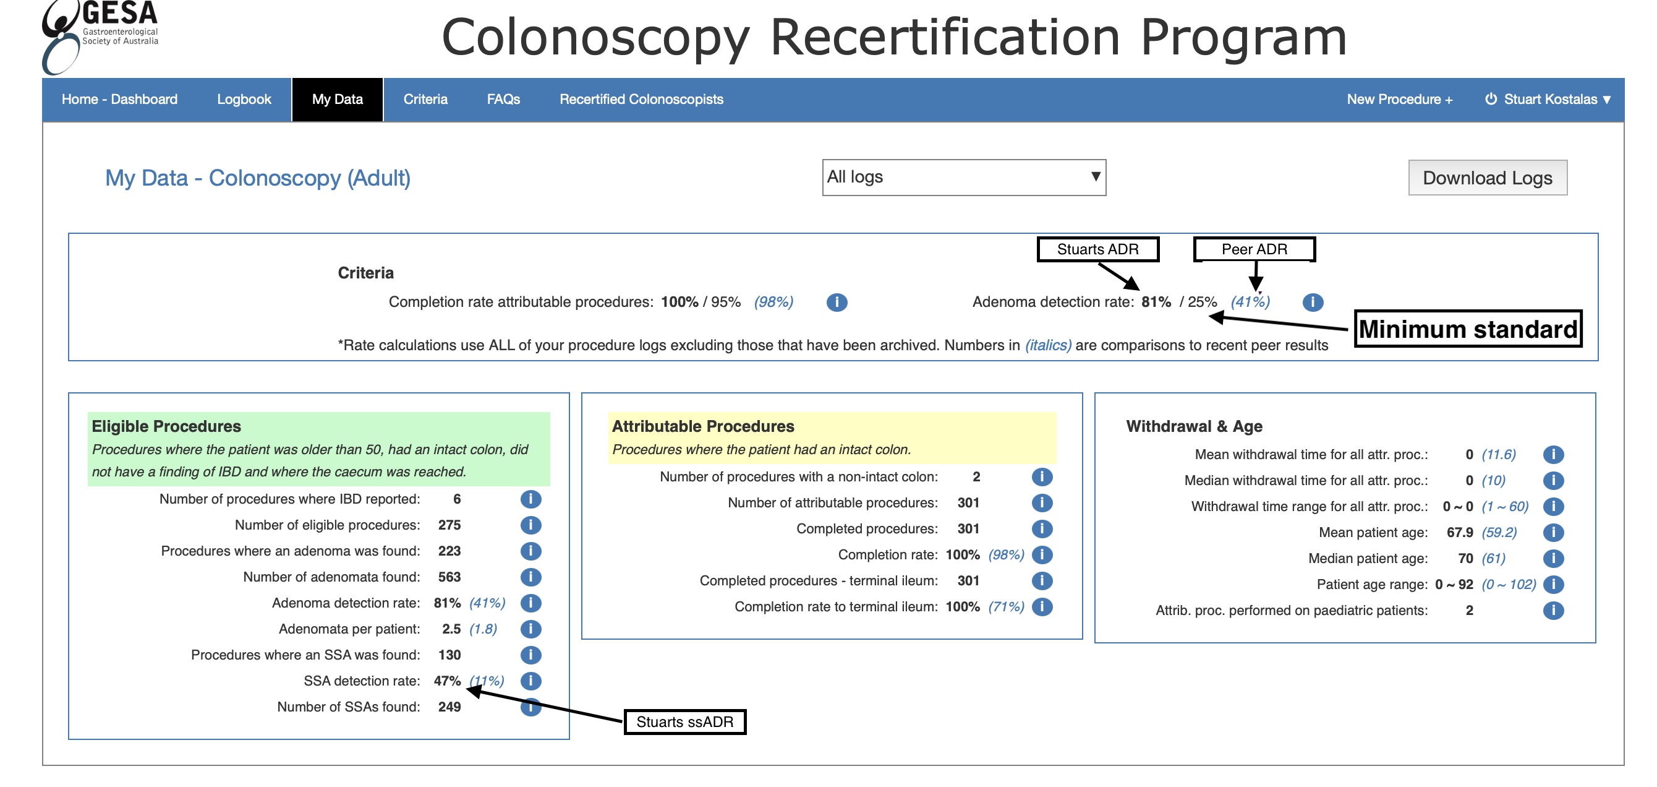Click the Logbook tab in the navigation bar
click(244, 99)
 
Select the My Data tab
click(337, 99)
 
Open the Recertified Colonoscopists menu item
click(641, 99)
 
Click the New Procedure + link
click(1399, 99)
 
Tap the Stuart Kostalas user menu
click(1548, 99)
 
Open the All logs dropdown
click(963, 177)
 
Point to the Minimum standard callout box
click(1468, 329)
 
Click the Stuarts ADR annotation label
click(1097, 249)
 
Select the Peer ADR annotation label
click(1254, 249)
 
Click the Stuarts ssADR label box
click(684, 721)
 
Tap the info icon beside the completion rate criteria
click(836, 302)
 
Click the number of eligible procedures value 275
click(449, 525)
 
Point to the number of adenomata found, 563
click(449, 577)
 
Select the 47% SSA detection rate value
click(447, 681)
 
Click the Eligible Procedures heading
click(166, 426)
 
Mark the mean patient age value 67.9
click(1460, 532)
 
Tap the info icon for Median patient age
click(1553, 558)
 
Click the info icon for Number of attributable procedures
click(1041, 502)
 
